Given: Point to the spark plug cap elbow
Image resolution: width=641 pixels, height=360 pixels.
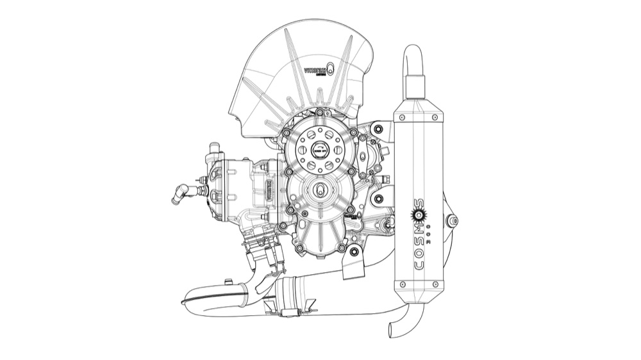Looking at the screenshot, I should coord(181,192).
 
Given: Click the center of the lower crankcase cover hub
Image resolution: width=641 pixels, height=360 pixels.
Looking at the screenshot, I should coord(319,190).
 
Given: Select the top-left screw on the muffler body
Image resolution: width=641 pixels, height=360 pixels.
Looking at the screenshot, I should coord(399,119).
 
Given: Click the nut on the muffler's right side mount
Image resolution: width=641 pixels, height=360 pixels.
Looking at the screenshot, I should coord(453,221).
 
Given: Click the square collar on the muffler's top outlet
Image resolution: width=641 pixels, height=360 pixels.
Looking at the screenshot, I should coord(415,84).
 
